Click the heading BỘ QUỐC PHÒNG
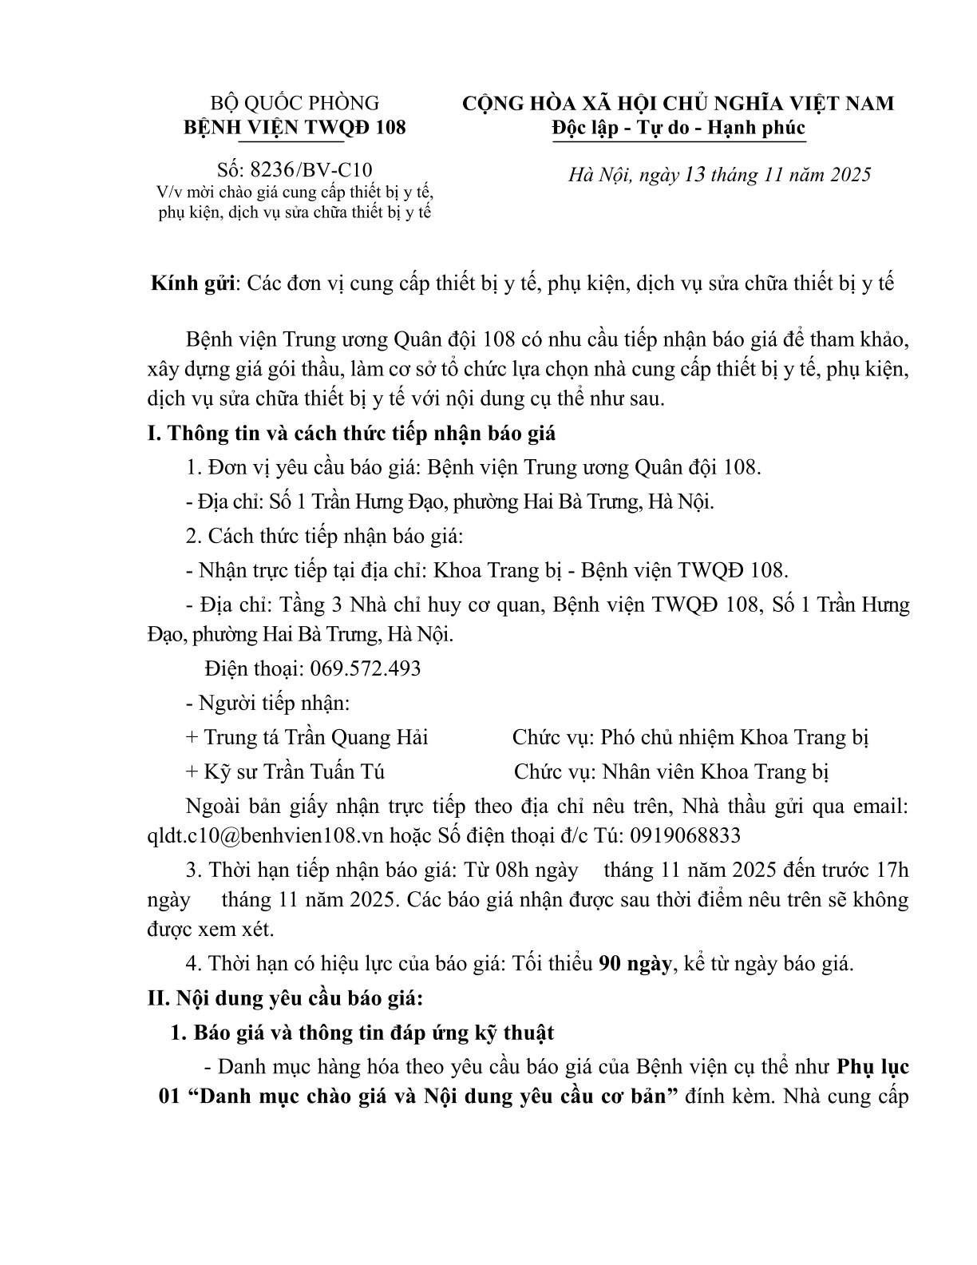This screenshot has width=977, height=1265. coord(295,103)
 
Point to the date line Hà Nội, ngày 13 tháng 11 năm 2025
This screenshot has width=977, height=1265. coord(719,175)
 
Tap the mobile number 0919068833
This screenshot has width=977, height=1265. coord(685,835)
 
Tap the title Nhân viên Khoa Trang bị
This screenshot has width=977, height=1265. coord(716,771)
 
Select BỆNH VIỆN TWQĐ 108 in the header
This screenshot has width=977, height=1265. coord(295,128)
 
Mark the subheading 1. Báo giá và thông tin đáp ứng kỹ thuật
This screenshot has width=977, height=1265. coord(363,1032)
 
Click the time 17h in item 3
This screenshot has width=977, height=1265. coord(892,869)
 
